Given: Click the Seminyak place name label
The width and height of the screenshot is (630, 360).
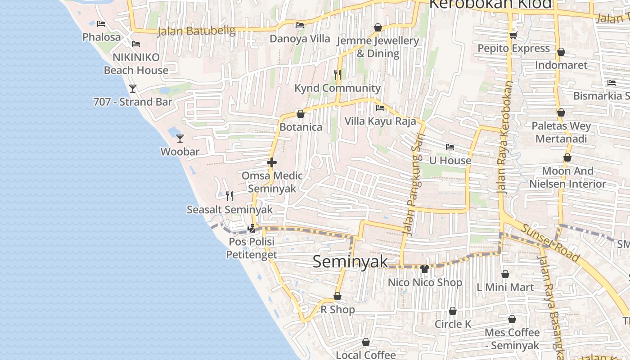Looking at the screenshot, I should point(350,261).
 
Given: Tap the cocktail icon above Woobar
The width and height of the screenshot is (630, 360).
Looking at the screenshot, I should point(180,138).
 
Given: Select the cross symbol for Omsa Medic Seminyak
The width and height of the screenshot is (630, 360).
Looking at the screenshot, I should point(272,162).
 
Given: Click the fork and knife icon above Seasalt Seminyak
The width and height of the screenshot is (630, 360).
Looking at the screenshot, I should point(229,196).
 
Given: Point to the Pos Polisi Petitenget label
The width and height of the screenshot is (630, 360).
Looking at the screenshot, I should point(251,248).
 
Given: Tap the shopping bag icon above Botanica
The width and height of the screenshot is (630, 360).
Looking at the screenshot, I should point(301,114).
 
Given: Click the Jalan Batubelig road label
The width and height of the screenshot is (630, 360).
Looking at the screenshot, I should point(196,31).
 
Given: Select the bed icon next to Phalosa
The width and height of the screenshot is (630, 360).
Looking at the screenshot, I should point(101,24).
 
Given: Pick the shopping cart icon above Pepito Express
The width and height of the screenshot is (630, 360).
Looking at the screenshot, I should point(513,35).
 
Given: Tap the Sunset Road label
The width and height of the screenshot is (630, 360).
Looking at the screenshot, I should point(550,243).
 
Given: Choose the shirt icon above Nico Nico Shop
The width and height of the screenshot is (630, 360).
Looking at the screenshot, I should point(424,269).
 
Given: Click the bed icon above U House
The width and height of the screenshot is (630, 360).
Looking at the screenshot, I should point(450,147).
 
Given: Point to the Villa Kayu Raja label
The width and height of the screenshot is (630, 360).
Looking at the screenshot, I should point(380,121).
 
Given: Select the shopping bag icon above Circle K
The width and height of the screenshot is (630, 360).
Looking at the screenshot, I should point(453,311).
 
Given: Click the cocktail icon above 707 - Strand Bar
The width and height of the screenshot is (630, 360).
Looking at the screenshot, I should point(133,89).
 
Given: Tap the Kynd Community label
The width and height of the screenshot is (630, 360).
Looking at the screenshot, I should point(337,88).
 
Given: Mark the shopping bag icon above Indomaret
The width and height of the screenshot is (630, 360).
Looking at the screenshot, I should point(561,52).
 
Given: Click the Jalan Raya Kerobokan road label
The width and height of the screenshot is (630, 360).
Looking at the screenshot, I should point(504,137).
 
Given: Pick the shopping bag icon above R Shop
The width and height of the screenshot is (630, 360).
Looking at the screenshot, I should point(337,297).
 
